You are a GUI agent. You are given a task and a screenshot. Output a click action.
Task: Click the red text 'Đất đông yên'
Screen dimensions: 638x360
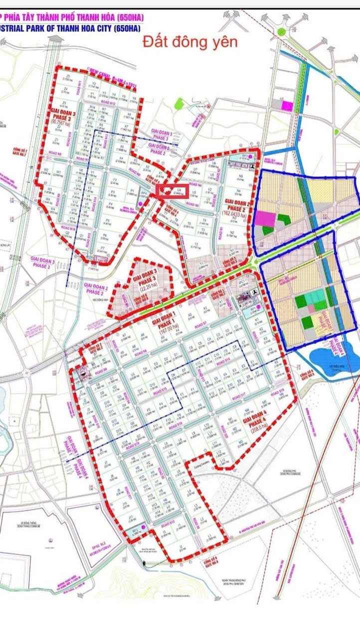(190, 42)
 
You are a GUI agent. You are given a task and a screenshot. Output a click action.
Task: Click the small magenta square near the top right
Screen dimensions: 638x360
(287, 105)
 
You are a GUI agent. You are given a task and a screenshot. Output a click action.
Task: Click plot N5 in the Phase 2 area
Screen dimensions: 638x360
(240, 177)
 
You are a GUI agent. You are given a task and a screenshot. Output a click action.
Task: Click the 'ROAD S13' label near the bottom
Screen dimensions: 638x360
(168, 523)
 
